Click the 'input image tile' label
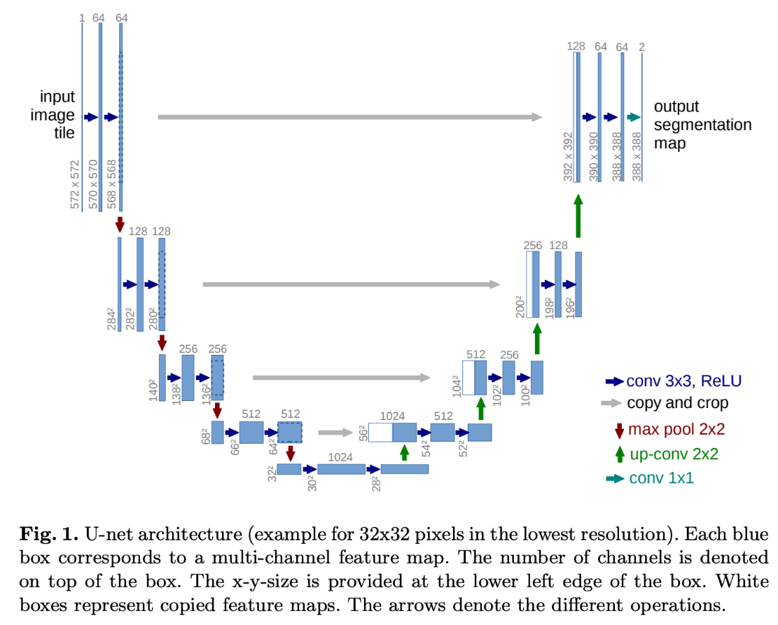click(53, 115)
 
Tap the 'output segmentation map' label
click(702, 125)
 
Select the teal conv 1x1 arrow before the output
click(634, 117)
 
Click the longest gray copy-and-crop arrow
click(350, 117)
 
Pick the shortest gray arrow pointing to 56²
click(335, 433)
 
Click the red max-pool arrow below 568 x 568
click(120, 224)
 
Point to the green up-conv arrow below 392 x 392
click(578, 216)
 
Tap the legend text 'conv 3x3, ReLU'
click(683, 381)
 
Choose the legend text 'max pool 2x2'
click(676, 429)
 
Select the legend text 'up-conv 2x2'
click(674, 454)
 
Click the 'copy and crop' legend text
click(677, 403)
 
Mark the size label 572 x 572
click(75, 185)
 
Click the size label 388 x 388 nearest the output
click(637, 157)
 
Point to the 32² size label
click(272, 474)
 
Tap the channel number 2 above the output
click(641, 47)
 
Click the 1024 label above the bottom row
click(340, 457)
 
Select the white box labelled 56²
click(380, 433)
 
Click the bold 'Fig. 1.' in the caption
click(48, 534)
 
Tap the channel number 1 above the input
click(82, 18)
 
